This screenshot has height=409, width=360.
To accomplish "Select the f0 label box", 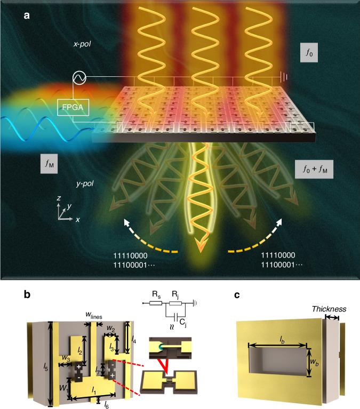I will pyautogui.click(x=309, y=53).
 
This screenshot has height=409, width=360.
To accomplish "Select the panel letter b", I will pyautogui.click(x=26, y=294).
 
